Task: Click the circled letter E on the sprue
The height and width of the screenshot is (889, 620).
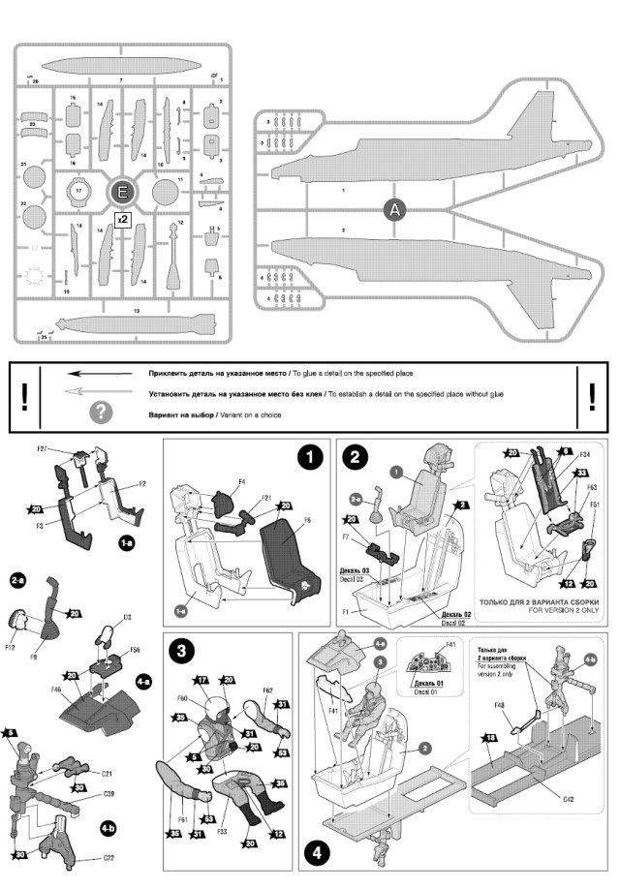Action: [122, 191]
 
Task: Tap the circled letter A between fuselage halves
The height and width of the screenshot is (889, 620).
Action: [393, 209]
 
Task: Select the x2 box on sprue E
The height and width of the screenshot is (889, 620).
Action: [122, 220]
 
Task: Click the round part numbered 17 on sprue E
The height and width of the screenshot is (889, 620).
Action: [78, 192]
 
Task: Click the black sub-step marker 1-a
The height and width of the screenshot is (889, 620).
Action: [126, 545]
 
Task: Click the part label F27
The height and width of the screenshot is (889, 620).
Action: [44, 449]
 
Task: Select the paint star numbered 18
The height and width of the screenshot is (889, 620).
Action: [489, 739]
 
